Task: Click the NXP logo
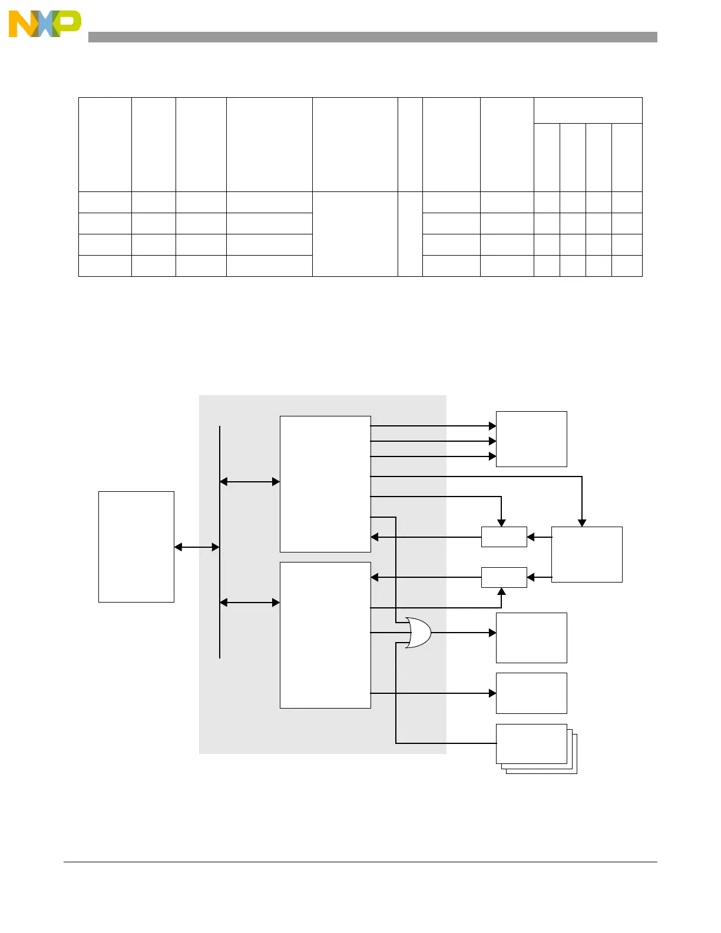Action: coord(44,24)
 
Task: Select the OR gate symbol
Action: coord(419,633)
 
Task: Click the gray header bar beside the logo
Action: coord(372,37)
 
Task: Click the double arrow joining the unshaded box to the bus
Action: coord(197,547)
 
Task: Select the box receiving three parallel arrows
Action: coord(531,439)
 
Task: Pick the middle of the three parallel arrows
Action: coord(433,441)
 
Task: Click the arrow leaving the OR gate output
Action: coord(464,633)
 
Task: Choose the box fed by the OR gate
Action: coord(531,637)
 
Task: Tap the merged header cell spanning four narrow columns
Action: coord(587,110)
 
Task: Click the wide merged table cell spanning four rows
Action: coord(355,234)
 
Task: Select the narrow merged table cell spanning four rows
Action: coord(410,234)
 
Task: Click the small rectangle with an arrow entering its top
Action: coord(504,537)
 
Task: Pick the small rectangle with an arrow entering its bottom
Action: coord(504,577)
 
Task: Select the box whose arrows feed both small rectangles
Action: coord(587,554)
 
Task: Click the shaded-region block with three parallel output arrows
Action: coord(325,484)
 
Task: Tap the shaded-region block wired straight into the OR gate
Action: coord(325,635)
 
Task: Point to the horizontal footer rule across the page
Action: coord(360,862)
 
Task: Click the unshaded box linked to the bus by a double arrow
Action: coord(136,547)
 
